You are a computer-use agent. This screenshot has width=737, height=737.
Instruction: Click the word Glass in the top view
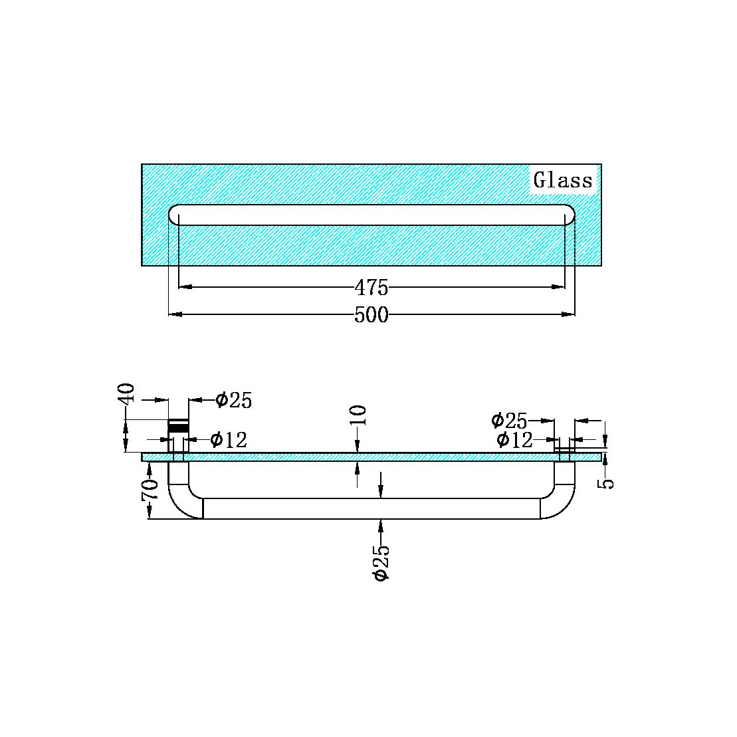pyautogui.click(x=563, y=180)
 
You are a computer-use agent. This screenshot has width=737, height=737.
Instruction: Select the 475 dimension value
pyautogui.click(x=371, y=288)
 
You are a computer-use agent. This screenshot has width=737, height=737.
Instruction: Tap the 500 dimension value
pyautogui.click(x=371, y=315)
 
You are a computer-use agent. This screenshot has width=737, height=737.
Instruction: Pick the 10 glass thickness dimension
pyautogui.click(x=358, y=415)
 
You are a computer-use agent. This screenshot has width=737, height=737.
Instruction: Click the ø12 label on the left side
pyautogui.click(x=229, y=439)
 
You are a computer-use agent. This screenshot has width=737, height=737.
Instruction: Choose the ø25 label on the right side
pyautogui.click(x=509, y=421)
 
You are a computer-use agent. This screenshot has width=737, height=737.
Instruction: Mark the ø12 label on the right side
pyautogui.click(x=514, y=439)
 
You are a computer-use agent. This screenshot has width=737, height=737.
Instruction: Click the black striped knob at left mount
pyautogui.click(x=178, y=427)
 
